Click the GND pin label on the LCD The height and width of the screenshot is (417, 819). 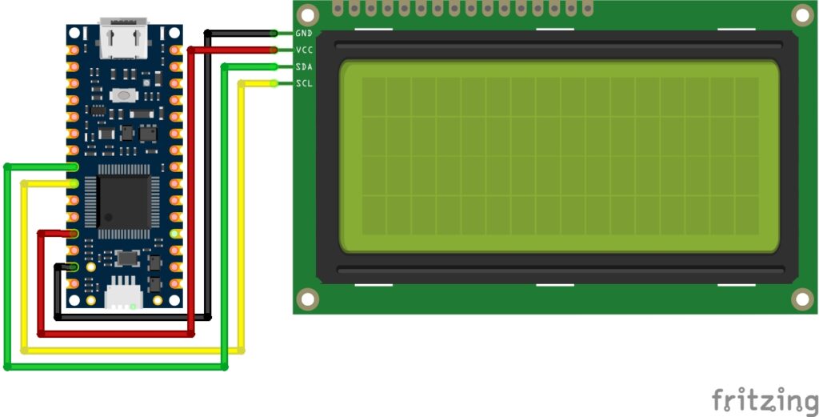(304, 34)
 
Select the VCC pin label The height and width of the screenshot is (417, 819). (304, 50)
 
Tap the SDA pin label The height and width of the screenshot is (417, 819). (304, 67)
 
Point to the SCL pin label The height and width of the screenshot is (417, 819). (304, 83)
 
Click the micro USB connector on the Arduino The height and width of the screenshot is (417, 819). (123, 40)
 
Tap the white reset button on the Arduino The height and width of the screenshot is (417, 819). (124, 96)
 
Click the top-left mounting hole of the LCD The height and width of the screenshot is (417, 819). (307, 14)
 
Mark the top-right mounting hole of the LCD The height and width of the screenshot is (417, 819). (801, 14)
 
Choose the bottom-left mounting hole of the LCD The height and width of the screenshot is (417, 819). (307, 299)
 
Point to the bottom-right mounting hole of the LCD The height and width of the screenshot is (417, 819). (801, 299)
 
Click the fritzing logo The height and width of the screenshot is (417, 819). (765, 399)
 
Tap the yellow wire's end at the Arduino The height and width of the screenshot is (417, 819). (73, 184)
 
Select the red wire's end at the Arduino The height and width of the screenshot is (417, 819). (73, 234)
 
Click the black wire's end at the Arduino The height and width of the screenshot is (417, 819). (73, 267)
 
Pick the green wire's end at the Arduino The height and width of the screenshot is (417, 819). (73, 167)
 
